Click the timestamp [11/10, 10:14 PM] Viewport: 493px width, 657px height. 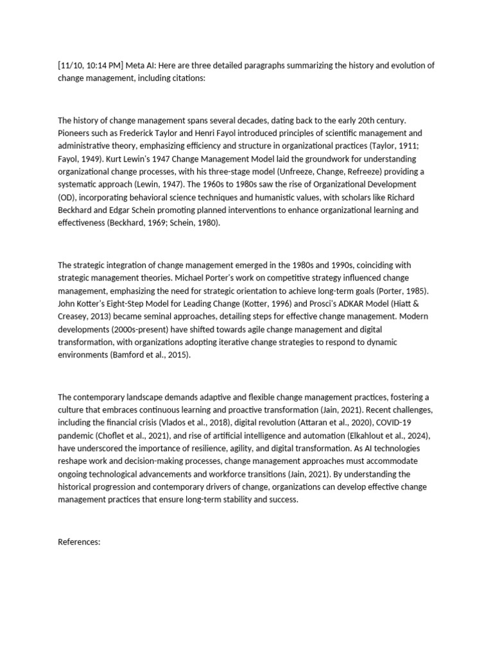pos(91,65)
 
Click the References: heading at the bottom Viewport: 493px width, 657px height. pos(80,542)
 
